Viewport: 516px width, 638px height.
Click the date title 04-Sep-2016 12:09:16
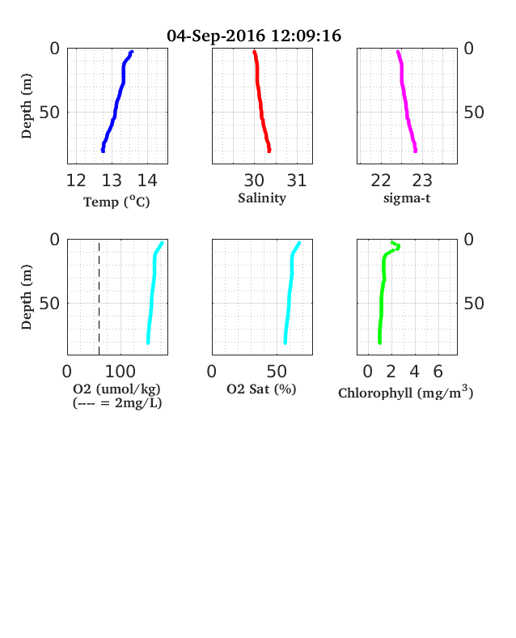coord(254,36)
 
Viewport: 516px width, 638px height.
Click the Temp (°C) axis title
coord(116,202)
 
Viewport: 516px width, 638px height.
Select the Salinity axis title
coord(262,198)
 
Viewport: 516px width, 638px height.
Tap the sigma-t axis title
coord(407,198)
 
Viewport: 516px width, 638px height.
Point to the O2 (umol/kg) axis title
coord(116,389)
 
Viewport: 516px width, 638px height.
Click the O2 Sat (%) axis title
coord(261,389)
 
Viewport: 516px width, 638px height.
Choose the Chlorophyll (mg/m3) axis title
coord(405,392)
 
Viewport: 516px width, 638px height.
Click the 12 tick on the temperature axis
coord(76,181)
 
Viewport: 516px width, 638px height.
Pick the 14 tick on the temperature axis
coord(147,181)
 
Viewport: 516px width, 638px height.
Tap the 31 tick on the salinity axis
coord(297,181)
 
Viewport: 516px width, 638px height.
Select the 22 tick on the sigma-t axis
coord(381,181)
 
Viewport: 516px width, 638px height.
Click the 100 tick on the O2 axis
coord(121,372)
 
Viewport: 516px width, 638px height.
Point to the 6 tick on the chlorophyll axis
coord(438,372)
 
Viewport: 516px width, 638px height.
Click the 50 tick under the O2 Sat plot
coord(277,372)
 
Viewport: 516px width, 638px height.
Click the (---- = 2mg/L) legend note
coord(117,403)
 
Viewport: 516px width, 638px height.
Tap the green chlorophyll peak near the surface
coord(398,247)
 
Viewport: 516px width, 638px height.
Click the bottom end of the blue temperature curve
coord(104,151)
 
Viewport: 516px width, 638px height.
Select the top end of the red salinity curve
coord(254,52)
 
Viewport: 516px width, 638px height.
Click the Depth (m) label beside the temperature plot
coord(27,106)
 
